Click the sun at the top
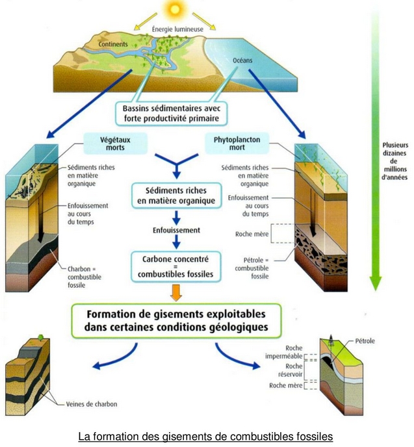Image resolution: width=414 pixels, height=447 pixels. [x=175, y=9]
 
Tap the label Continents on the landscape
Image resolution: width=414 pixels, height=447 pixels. [x=113, y=44]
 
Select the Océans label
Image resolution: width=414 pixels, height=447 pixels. [x=242, y=60]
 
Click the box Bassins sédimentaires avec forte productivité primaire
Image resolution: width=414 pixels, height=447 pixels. [x=172, y=114]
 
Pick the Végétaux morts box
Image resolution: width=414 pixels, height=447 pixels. [x=115, y=144]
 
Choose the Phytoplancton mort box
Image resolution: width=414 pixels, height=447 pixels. [x=237, y=144]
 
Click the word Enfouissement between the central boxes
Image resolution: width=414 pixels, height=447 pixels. [x=176, y=230]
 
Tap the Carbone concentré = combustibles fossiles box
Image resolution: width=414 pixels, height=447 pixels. [x=175, y=267]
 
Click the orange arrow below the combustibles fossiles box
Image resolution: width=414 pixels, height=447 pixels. [x=176, y=292]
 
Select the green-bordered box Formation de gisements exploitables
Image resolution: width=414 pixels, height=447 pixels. [x=176, y=321]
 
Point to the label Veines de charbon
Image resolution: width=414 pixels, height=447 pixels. [x=92, y=404]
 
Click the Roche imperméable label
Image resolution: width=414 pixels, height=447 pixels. [x=284, y=352]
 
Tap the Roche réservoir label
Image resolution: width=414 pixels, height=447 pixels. [x=291, y=370]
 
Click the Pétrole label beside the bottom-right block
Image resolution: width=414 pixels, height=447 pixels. [x=365, y=341]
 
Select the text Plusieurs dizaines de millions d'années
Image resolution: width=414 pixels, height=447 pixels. [x=395, y=161]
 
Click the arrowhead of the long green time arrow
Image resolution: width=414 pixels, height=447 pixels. [x=376, y=283]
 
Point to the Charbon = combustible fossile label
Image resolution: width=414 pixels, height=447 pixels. [x=84, y=277]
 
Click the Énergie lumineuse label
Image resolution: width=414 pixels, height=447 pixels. [x=177, y=29]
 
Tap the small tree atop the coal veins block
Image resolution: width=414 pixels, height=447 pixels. [x=40, y=337]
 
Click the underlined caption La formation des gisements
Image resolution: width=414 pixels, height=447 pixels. [x=205, y=437]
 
